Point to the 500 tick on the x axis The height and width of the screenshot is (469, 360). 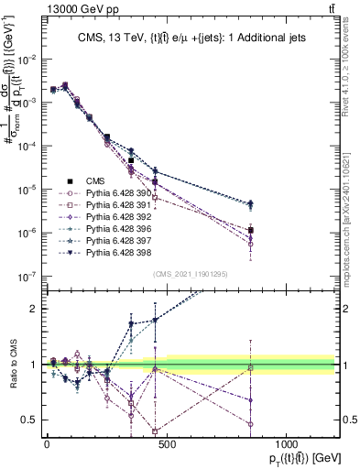166,443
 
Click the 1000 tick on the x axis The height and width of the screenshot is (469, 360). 286,443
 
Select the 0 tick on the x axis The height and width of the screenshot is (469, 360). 47,443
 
